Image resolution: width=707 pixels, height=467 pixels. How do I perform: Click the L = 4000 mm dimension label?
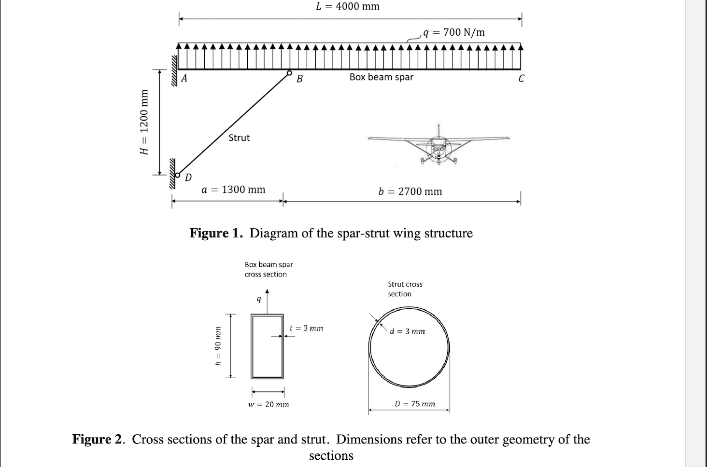tap(348, 7)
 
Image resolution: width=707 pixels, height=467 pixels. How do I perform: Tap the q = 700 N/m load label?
tap(453, 32)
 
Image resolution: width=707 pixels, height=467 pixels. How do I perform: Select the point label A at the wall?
tap(184, 79)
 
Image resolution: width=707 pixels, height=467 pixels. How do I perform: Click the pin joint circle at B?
tap(289, 73)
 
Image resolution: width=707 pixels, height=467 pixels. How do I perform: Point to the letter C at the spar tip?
tap(521, 79)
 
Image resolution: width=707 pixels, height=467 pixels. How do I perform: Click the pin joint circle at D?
tap(177, 176)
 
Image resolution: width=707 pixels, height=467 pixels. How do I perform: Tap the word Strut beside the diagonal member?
tap(239, 138)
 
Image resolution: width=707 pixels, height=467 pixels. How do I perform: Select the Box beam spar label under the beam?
tap(381, 77)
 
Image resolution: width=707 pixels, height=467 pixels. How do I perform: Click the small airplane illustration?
tap(438, 145)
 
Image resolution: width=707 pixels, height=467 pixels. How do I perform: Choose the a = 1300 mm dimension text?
tap(233, 190)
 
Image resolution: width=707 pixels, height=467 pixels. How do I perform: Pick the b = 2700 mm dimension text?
tap(410, 192)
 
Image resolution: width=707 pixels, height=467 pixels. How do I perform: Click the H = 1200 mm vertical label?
tap(143, 122)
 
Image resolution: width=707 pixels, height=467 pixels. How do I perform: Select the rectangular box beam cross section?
tap(267, 346)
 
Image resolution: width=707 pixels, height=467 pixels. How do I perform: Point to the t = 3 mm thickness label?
tap(306, 329)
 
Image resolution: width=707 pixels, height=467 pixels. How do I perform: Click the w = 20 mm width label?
tap(269, 404)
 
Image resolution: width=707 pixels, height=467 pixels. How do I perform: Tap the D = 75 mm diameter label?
tap(415, 404)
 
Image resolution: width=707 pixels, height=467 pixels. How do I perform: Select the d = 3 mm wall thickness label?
tap(408, 331)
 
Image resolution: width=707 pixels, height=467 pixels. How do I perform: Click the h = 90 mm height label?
tap(218, 347)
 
